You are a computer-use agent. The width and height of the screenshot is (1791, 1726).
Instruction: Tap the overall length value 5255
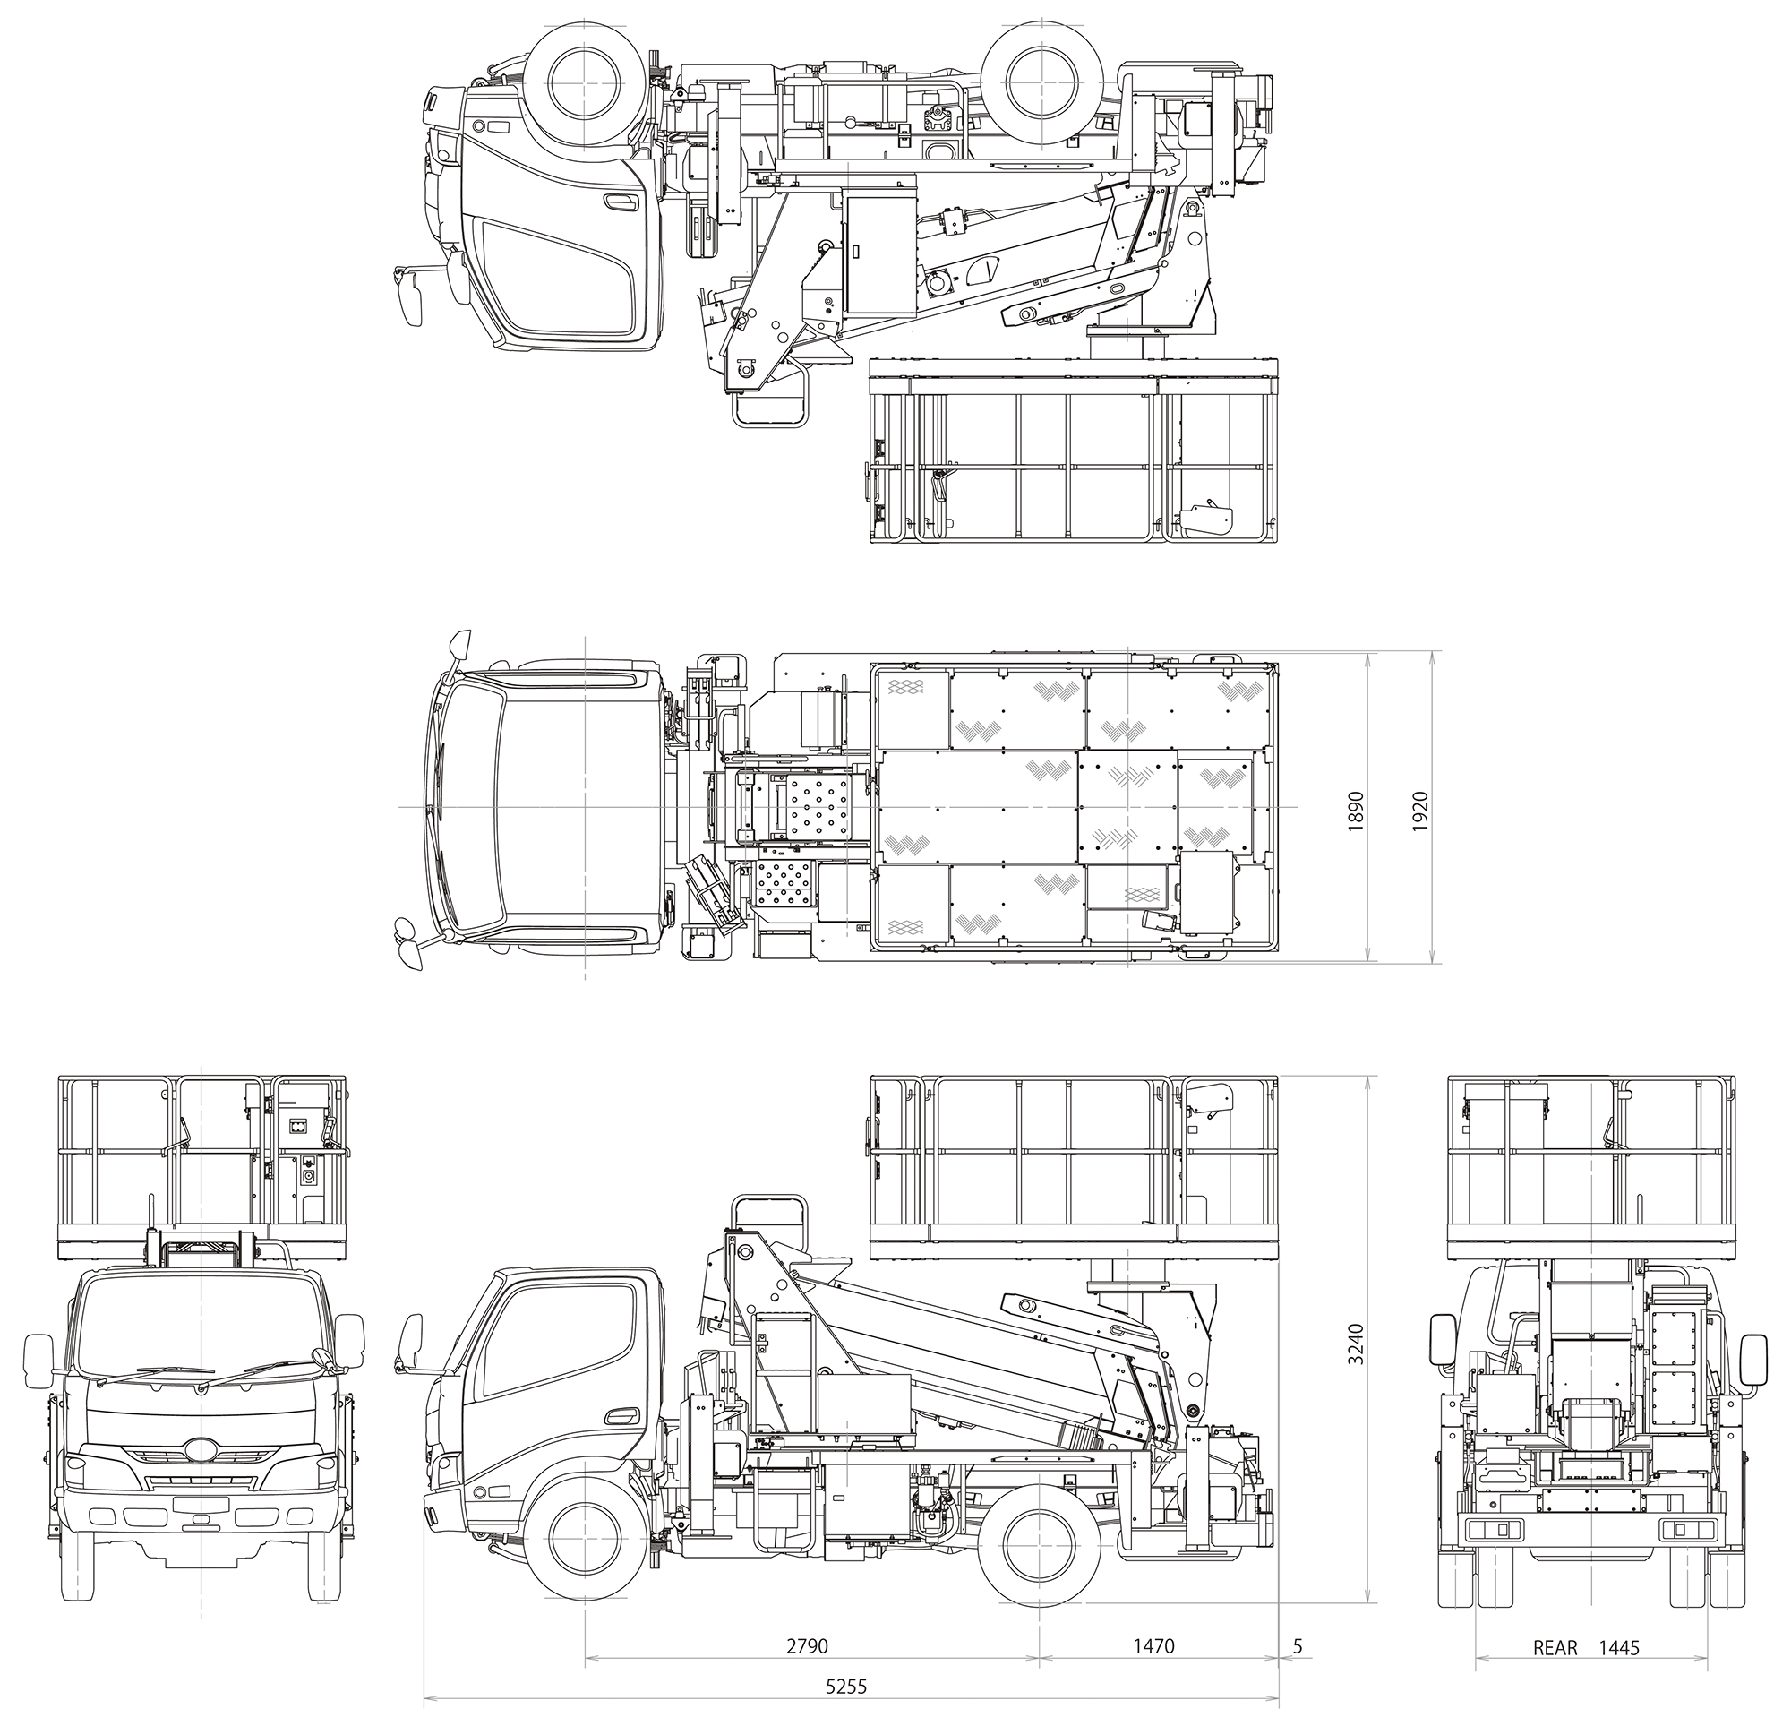coord(845,1687)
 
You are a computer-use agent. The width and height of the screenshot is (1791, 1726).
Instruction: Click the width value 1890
coord(1355,810)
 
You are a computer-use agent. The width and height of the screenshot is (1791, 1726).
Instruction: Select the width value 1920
coord(1419,810)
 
